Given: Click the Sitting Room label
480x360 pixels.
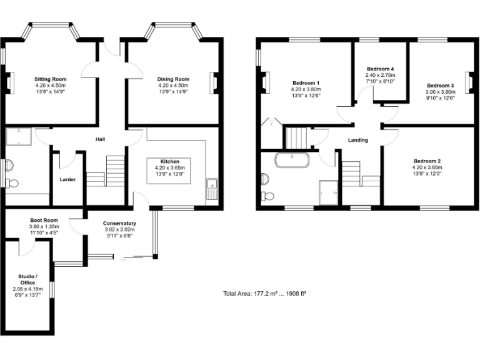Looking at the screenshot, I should [x=50, y=79].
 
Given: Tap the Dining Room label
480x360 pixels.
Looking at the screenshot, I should [x=173, y=79].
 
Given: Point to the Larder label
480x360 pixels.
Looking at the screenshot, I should [x=67, y=180].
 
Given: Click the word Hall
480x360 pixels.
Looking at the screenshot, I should [x=100, y=139].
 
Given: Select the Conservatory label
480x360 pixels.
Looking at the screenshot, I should [x=119, y=223].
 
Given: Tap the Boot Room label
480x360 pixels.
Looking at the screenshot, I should [x=44, y=220].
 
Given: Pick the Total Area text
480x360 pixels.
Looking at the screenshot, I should [x=264, y=293].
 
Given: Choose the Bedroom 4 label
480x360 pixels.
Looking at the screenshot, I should [x=380, y=69].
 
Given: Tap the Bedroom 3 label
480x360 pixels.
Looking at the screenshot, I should [x=440, y=85].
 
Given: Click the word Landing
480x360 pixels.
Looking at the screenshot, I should [x=357, y=140].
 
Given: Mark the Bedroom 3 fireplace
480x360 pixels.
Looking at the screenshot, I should [x=469, y=81].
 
